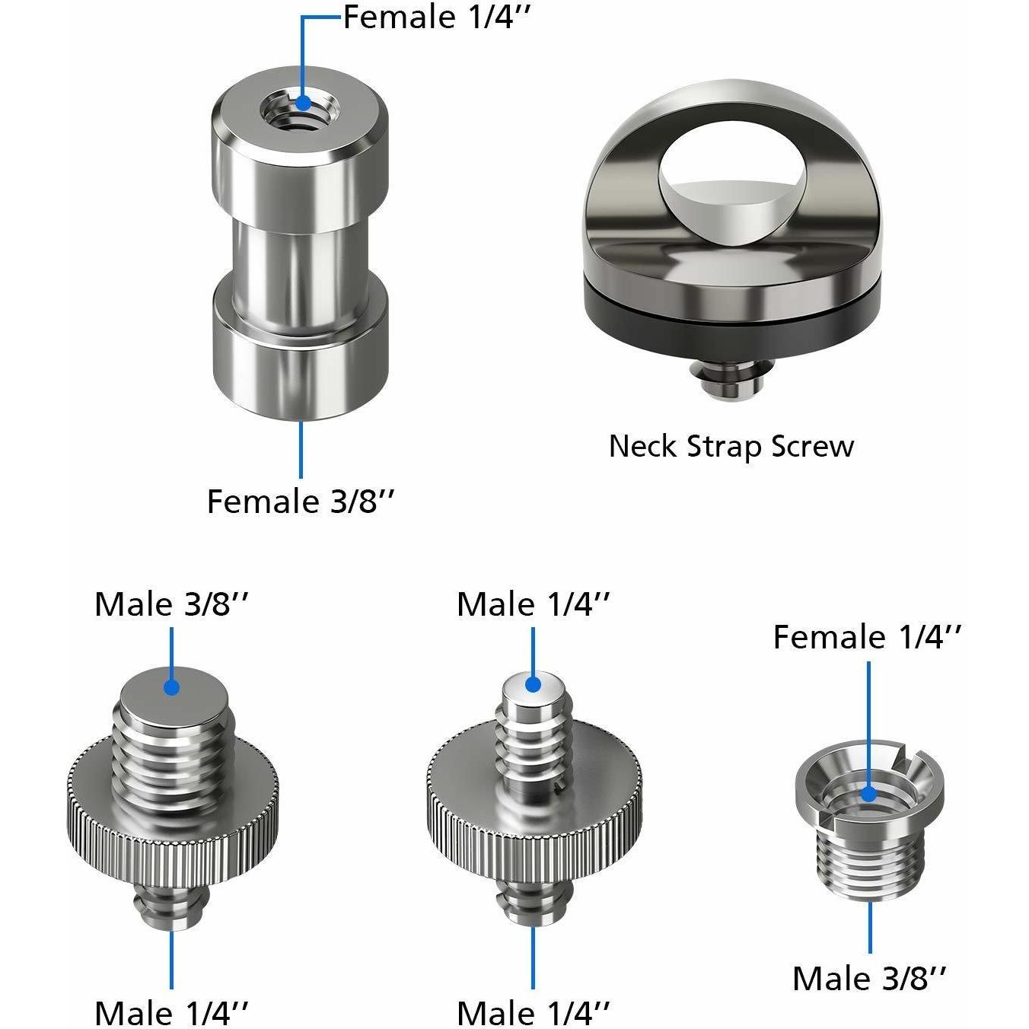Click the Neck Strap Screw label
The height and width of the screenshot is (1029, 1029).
point(731,447)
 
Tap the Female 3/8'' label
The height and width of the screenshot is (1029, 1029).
point(300,502)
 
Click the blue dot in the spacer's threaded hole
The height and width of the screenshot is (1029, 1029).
point(304,102)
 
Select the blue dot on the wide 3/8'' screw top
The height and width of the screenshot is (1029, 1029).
point(171,687)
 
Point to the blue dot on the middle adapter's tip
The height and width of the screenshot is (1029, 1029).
point(533,684)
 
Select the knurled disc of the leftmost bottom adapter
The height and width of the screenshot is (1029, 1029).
point(173,825)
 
